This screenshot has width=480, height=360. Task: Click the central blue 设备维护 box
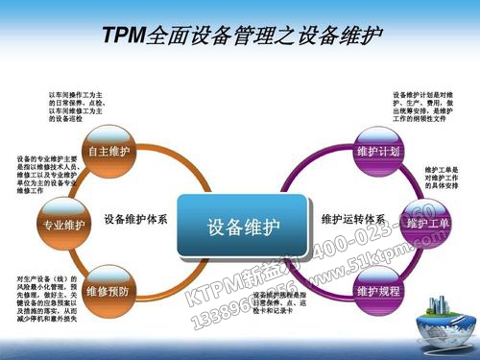tap(244, 227)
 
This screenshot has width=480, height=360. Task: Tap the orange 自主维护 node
tap(107, 153)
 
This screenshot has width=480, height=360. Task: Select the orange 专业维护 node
tap(63, 226)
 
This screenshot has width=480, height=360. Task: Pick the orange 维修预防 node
tap(107, 289)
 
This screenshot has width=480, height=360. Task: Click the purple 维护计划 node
tap(377, 153)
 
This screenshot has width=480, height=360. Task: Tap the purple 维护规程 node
tap(377, 289)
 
